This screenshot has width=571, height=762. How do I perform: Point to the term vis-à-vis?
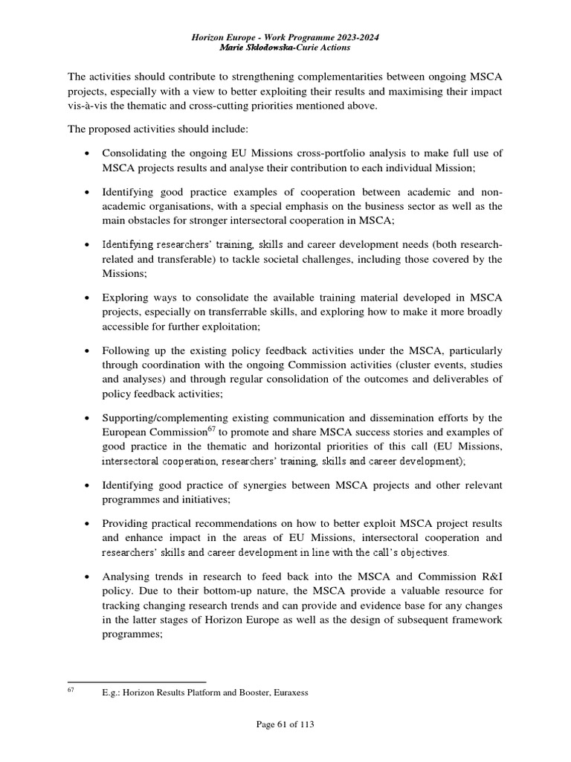88,106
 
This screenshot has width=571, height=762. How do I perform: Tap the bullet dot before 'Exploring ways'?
88,298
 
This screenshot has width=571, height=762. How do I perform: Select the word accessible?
127,325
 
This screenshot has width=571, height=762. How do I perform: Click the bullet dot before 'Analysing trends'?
88,577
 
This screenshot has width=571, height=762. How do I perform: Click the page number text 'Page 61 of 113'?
285,725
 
